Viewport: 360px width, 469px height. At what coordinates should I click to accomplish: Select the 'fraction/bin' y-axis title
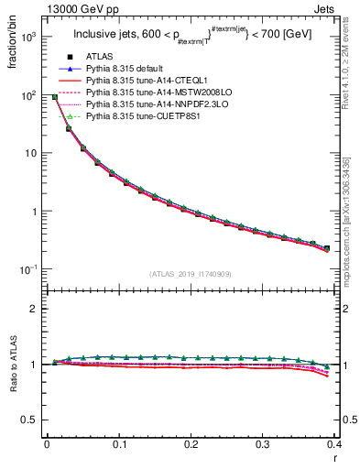[14, 41]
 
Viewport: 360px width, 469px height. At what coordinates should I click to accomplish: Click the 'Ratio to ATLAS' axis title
[14, 365]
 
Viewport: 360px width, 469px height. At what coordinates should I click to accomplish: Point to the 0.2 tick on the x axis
[191, 444]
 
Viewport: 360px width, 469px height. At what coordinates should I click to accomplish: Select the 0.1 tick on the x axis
[119, 444]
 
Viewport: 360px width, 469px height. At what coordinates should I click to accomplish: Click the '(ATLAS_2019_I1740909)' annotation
[191, 275]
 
